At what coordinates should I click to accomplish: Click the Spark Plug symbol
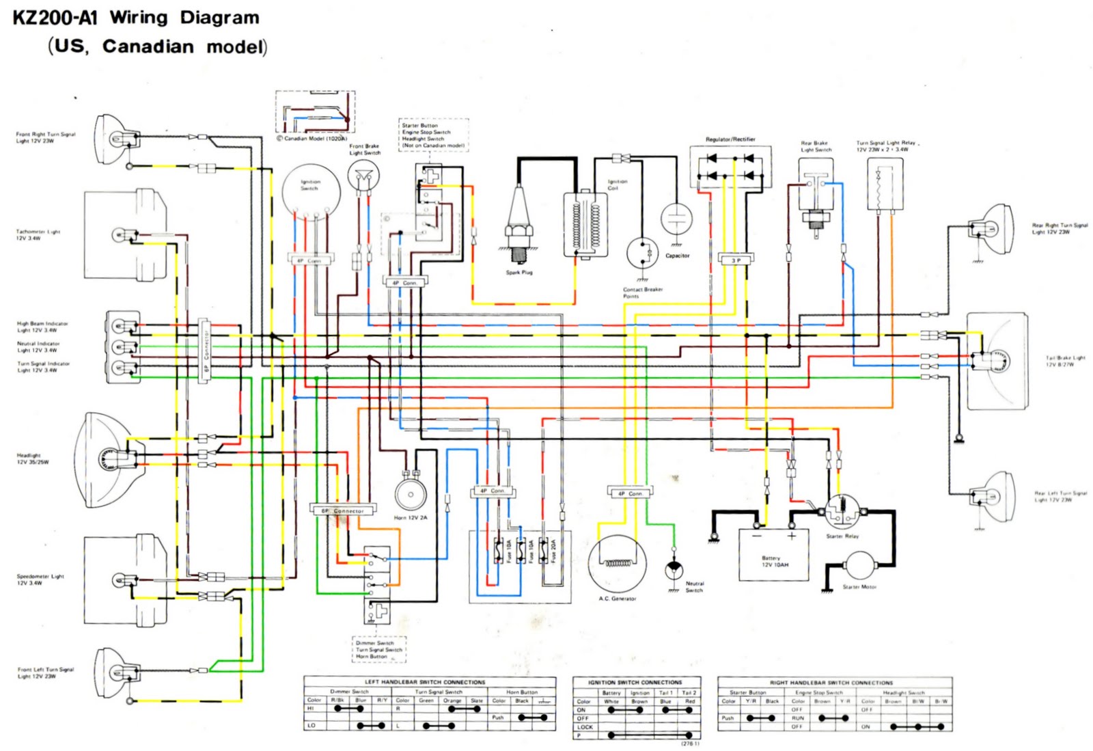(x=519, y=226)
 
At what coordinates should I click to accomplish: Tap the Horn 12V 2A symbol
(x=411, y=493)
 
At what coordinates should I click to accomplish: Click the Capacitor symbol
(x=676, y=221)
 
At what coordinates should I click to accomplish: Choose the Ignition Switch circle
(x=311, y=192)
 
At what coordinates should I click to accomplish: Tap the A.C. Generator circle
(x=618, y=564)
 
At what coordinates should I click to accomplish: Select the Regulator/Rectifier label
(x=730, y=139)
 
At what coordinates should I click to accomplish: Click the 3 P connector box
(x=736, y=260)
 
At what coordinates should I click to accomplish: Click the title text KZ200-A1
(x=55, y=18)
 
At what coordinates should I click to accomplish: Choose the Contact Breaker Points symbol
(x=643, y=254)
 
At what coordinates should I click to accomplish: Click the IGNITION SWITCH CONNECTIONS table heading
(x=635, y=682)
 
